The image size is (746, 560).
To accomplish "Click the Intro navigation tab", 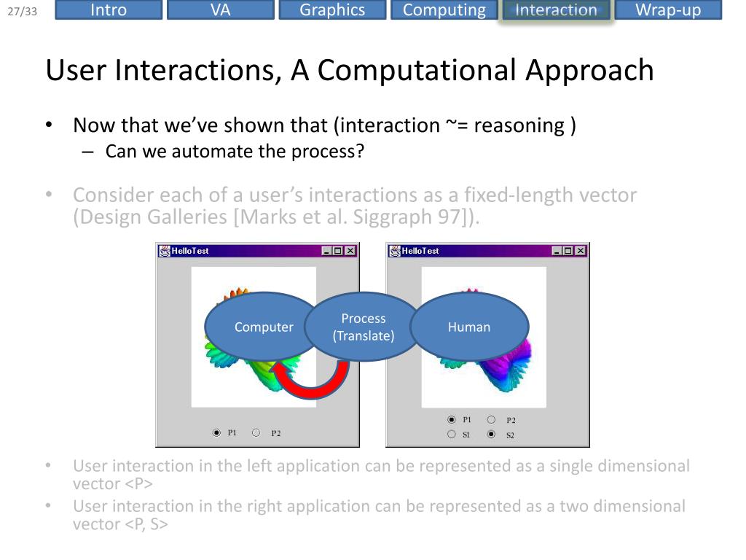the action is point(109,10).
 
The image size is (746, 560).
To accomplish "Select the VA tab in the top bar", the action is point(220,10).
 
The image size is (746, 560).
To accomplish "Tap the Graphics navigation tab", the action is point(332,10).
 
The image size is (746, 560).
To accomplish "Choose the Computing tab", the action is point(444,10).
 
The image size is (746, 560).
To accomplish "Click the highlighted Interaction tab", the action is point(556,10).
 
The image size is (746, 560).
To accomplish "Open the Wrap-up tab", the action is point(668,10).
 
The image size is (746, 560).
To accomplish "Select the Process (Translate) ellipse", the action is point(363,327).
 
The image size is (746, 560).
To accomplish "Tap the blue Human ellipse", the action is point(469,327).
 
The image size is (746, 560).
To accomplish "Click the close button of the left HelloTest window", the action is point(350,251).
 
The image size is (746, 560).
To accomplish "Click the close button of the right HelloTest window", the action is point(581,251).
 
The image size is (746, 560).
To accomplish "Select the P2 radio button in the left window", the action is point(256,432).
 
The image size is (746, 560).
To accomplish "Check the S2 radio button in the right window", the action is point(491,435).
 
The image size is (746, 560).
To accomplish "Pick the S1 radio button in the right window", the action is point(452,435).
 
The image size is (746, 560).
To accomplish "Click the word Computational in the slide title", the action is point(416,71).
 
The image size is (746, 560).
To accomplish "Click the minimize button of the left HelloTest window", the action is point(327,251).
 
